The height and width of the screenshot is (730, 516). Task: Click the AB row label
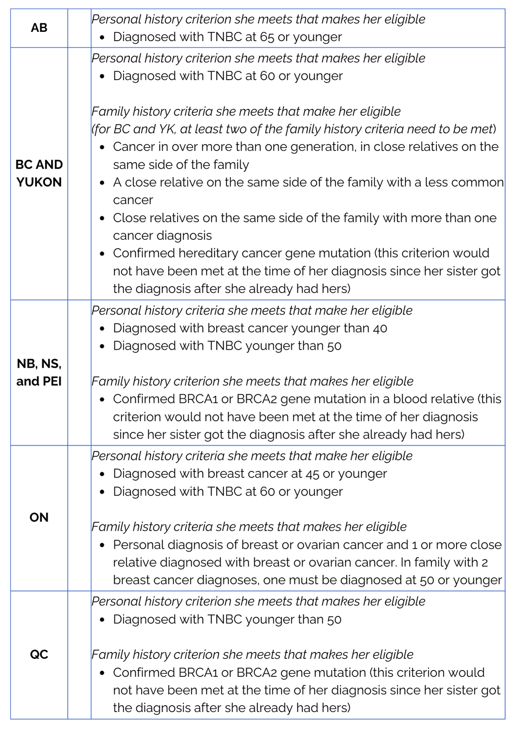(x=39, y=28)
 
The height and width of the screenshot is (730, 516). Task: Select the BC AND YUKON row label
(x=39, y=173)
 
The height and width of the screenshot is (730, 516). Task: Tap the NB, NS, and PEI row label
(x=39, y=372)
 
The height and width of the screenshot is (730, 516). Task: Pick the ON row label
(x=39, y=517)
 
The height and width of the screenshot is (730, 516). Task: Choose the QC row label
(x=39, y=655)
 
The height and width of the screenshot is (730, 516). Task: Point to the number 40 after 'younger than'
(x=380, y=328)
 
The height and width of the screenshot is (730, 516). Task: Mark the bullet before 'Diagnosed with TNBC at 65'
(x=102, y=37)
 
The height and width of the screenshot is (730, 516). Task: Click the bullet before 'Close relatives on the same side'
(x=102, y=218)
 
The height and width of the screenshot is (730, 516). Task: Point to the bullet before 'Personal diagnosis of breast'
(x=102, y=545)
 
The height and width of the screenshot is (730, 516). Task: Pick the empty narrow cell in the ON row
(x=79, y=518)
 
